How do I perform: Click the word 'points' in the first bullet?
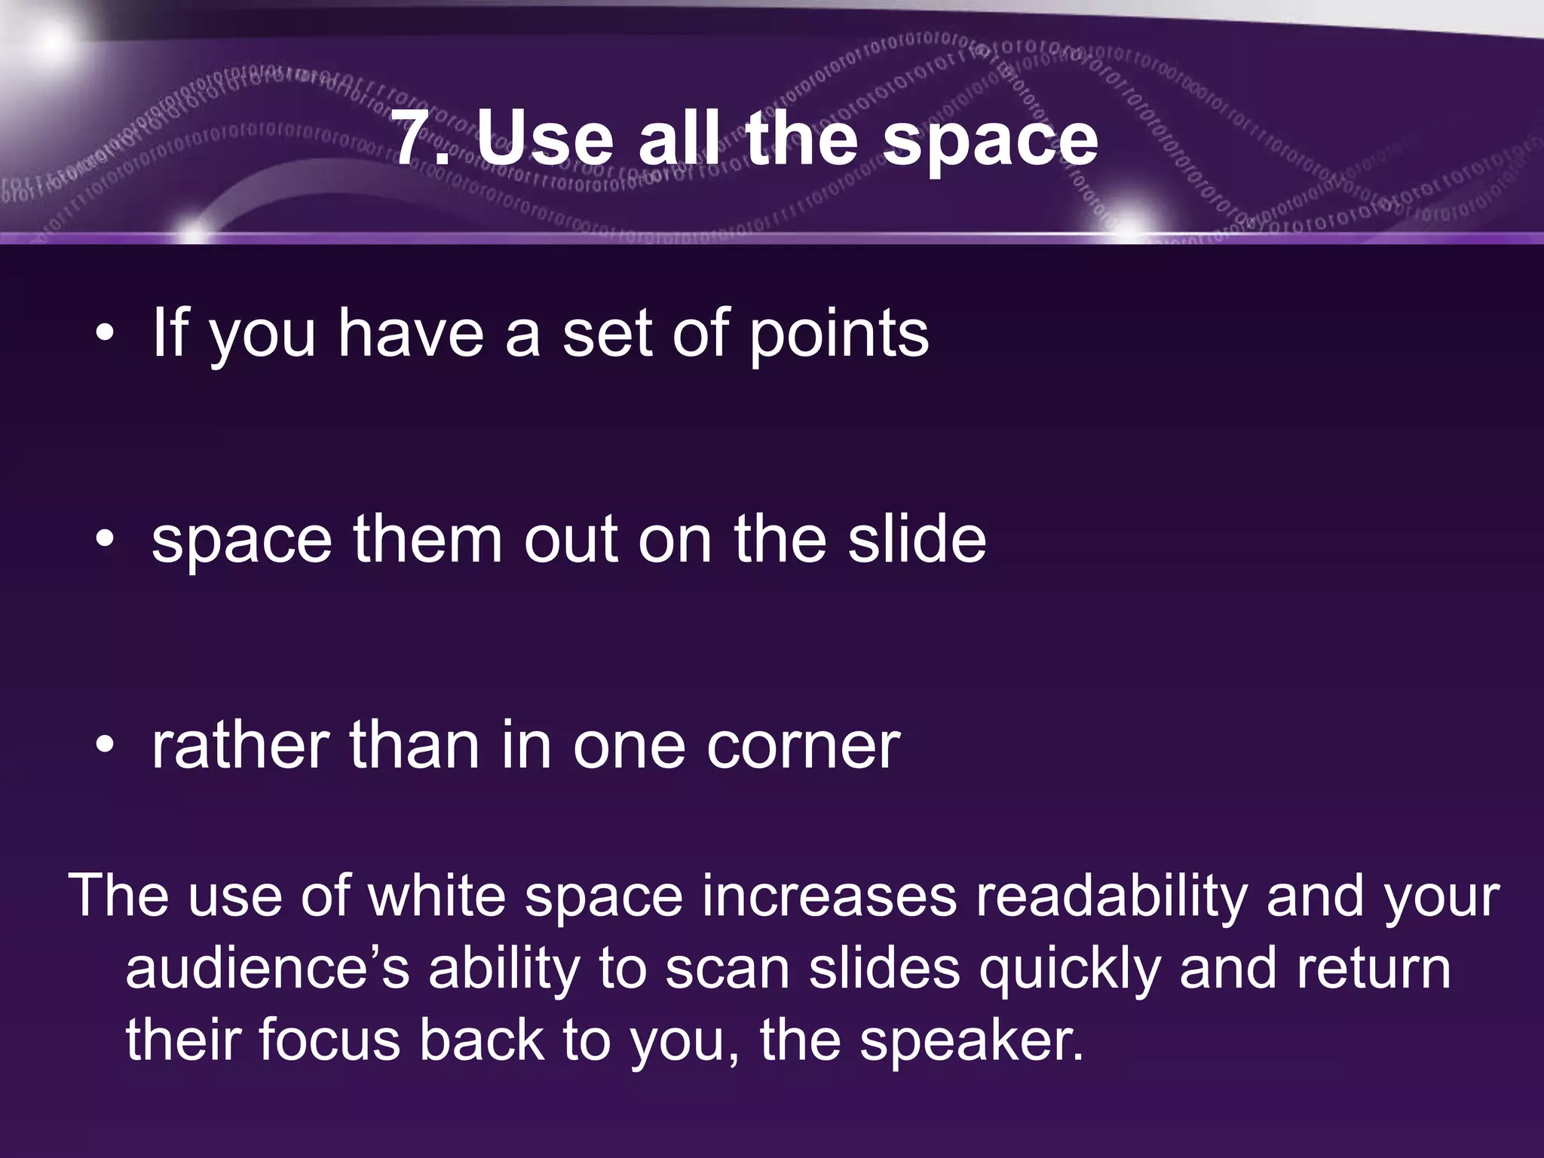coord(838,335)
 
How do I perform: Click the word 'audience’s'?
coord(268,969)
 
